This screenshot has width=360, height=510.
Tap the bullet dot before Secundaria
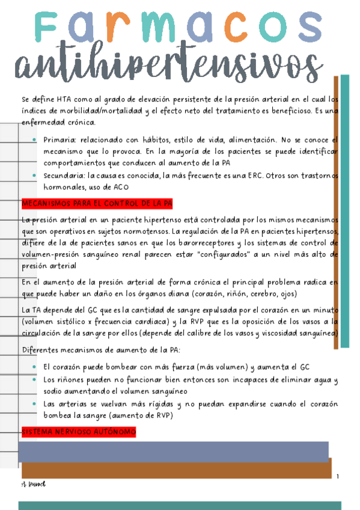(35, 176)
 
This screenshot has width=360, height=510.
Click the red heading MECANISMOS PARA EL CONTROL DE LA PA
(96, 204)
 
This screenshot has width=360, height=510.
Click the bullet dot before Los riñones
(35, 381)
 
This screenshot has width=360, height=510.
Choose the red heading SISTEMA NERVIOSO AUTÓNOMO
(78, 432)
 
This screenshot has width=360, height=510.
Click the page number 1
(338, 477)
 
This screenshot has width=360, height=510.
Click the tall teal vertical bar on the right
(345, 210)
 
